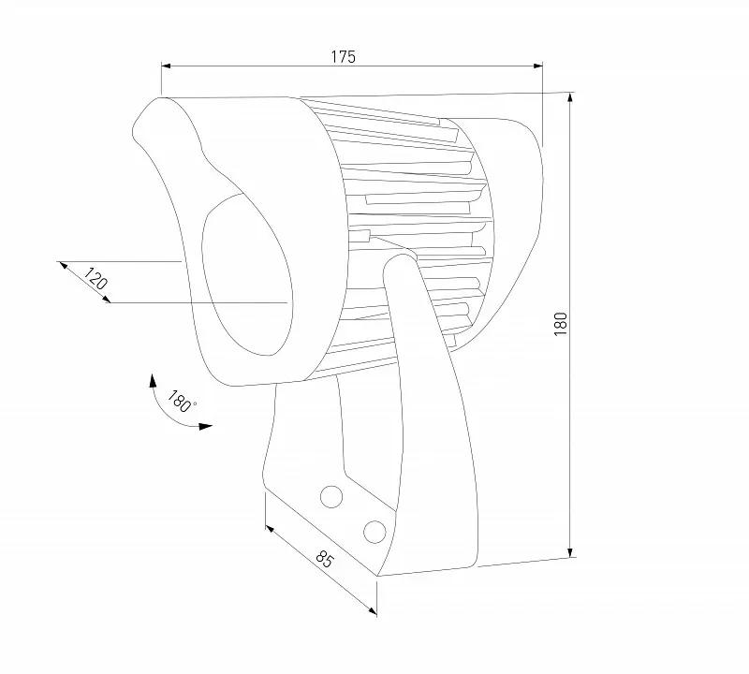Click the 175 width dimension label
344,57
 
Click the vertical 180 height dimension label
560,323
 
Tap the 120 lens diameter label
95,279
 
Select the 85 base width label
324,559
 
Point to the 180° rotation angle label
181,402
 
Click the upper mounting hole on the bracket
331,497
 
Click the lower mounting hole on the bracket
374,532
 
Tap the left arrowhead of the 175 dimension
167,66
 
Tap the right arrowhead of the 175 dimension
537,66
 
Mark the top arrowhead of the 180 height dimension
570,98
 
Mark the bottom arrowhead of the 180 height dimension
570,552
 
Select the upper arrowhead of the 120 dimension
63,265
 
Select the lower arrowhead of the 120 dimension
106,299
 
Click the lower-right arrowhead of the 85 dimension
372,610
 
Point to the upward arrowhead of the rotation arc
153,380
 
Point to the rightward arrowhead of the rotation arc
206,426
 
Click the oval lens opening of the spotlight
247,274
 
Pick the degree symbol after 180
194,403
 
